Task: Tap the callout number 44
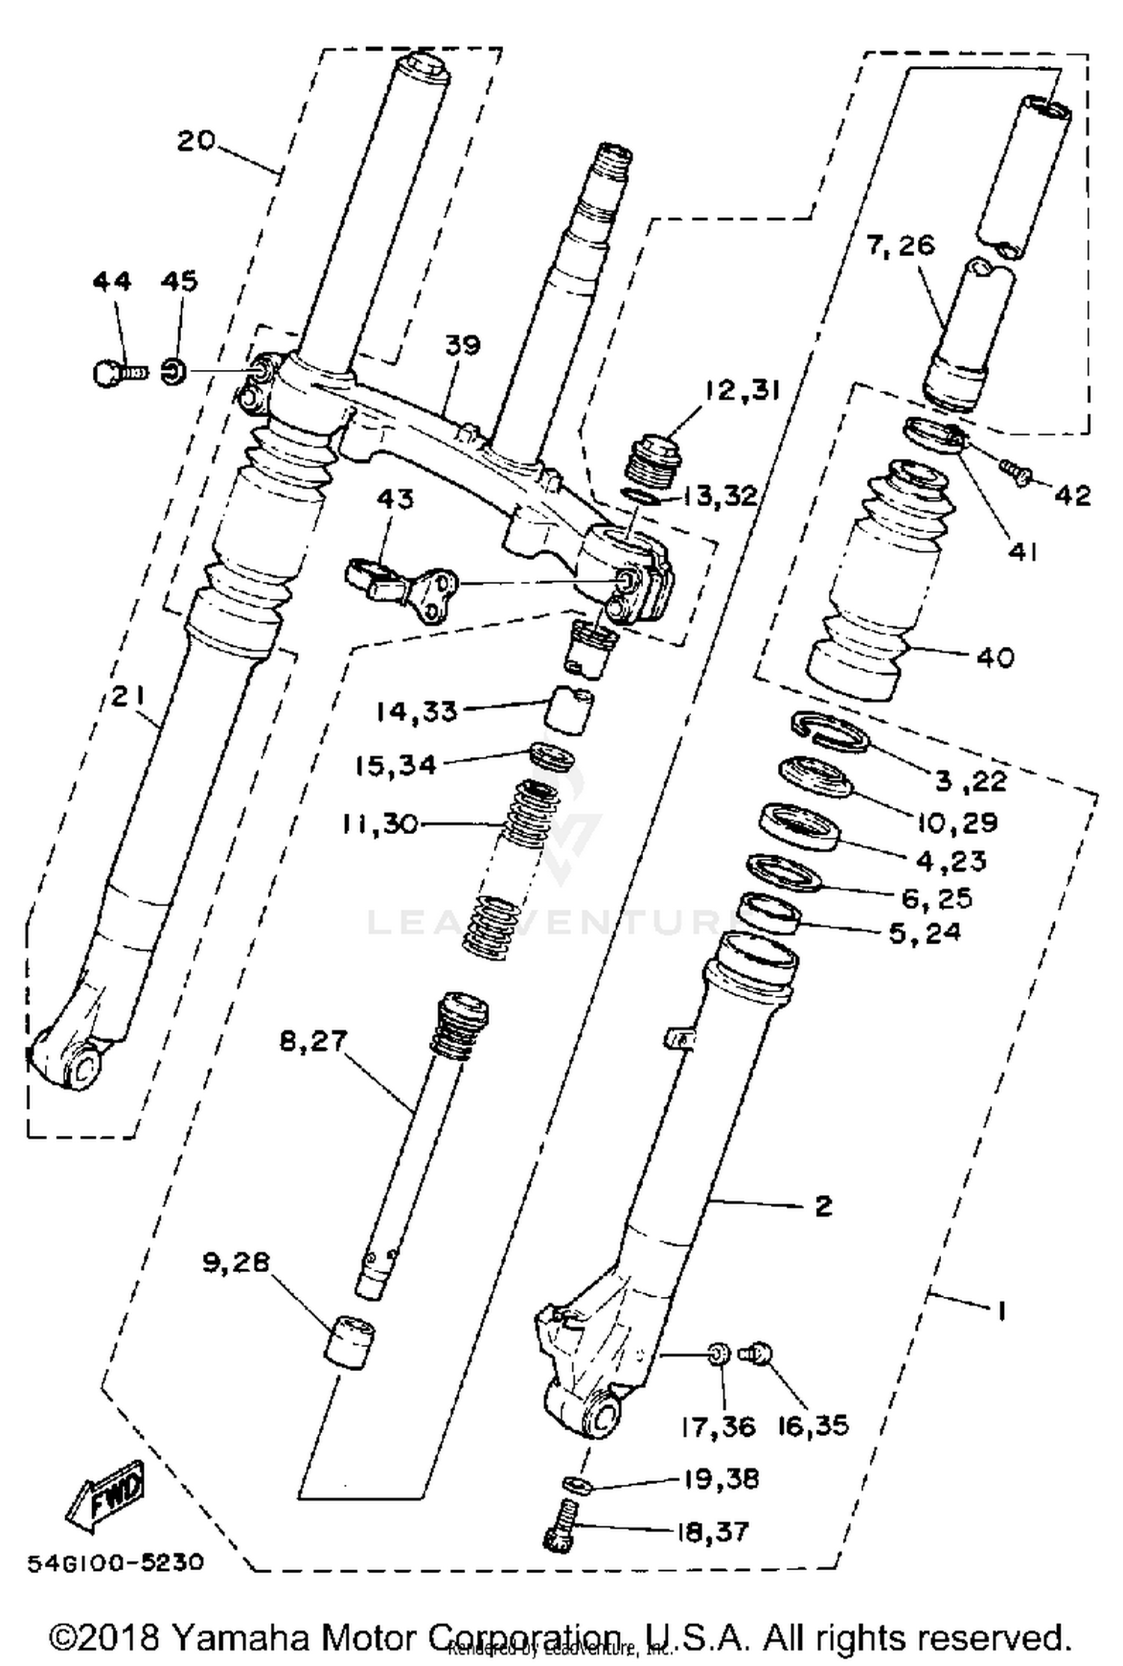tap(112, 282)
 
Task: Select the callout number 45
tap(179, 282)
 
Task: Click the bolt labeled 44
tap(112, 372)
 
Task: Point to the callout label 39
tap(463, 346)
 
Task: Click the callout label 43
tap(395, 499)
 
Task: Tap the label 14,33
tap(416, 711)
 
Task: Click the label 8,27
tap(314, 1042)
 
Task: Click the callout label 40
tap(995, 657)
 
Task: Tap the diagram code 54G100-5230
tap(115, 1563)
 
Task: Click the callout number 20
tap(196, 140)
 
